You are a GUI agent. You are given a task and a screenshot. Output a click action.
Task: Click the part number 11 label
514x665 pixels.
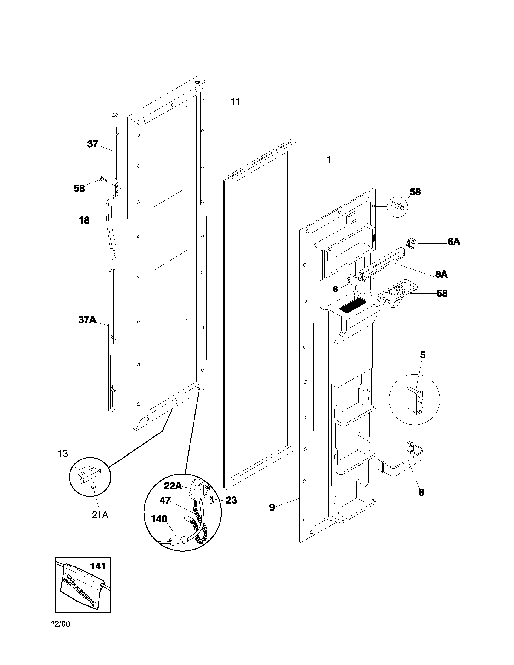point(235,102)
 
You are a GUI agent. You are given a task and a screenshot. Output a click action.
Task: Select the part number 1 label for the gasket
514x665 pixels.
point(329,160)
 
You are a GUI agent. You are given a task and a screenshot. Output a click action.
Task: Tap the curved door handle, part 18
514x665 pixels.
point(109,222)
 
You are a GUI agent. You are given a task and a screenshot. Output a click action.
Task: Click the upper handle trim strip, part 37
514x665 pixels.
point(115,146)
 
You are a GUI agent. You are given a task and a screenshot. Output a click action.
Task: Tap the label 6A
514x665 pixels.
point(454,242)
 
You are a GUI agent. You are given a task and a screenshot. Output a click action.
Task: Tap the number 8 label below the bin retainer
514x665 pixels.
point(421,493)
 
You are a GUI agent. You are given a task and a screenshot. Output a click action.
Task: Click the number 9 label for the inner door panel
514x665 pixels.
point(272,507)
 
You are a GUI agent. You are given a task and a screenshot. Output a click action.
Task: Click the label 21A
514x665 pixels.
point(100,515)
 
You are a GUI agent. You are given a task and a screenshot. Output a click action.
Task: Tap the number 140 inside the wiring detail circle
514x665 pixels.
point(159,518)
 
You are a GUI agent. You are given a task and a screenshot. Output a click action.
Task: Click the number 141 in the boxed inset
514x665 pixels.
point(98,566)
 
